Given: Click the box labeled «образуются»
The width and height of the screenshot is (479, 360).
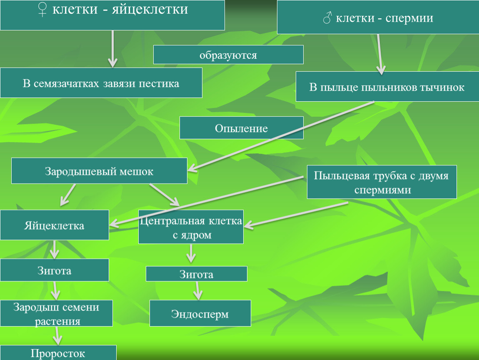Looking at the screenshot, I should pos(228,55).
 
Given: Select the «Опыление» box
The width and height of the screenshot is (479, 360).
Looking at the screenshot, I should pos(241,127).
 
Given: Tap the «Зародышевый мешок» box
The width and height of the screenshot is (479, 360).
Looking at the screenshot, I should pos(99,171).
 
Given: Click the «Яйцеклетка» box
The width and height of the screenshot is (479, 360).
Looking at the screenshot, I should pos(54,225).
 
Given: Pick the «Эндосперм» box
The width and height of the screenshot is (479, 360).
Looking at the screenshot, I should pos(200,313).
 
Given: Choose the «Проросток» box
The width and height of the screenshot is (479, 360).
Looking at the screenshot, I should pos(58,353).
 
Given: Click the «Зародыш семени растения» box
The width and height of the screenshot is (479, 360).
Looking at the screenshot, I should pos(56,313).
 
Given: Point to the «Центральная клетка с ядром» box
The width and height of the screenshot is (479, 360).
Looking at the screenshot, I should pos(191,227).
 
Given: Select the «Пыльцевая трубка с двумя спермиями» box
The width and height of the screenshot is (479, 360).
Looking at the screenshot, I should pos(382,182).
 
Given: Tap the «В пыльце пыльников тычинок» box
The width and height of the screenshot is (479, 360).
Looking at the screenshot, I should pos(387,87).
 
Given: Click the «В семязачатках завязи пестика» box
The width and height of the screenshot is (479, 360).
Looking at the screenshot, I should pos(101,83).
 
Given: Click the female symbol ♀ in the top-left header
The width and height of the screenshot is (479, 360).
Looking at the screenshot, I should pos(43,10).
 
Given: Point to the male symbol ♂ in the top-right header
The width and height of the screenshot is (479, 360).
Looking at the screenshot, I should pos(327,18).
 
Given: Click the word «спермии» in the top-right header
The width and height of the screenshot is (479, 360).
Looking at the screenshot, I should pos(409,18).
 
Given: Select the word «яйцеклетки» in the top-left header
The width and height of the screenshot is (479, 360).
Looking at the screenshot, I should pos(150,9).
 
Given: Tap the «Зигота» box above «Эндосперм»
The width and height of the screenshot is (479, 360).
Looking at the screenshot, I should pos(196,274).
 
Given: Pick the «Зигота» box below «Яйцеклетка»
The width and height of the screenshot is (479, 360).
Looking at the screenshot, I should pos(54,270).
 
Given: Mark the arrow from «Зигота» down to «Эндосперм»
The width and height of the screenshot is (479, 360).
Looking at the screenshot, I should pos(198,291).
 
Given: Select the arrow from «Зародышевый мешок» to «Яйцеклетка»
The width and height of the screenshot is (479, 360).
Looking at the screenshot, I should pos(68,194).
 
